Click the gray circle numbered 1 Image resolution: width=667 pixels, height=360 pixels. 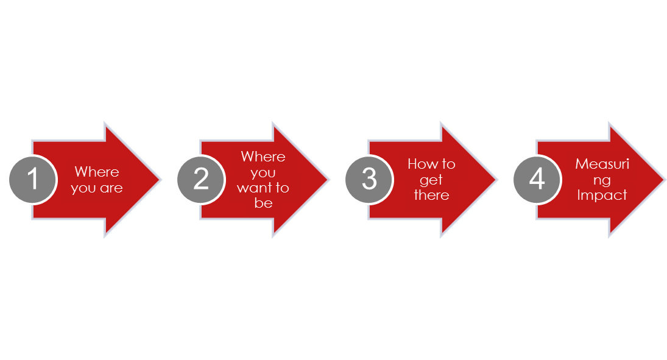[33, 179]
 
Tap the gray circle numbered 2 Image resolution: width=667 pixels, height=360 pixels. [201, 179]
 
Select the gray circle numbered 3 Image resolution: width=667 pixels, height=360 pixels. [369, 179]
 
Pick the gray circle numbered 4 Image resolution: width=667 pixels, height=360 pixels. [537, 179]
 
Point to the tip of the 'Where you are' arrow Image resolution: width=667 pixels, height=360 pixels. [160, 180]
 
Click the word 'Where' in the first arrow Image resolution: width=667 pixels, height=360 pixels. [97, 172]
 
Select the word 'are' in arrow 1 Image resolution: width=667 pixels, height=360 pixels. [111, 188]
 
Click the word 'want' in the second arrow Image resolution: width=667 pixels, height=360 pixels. [253, 188]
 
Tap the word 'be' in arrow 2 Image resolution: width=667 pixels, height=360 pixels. [263, 203]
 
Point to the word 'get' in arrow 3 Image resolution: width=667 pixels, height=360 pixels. [431, 180]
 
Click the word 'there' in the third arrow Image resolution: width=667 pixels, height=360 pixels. [431, 195]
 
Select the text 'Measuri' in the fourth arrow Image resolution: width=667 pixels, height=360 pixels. [602, 164]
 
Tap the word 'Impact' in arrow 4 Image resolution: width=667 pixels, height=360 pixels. [602, 195]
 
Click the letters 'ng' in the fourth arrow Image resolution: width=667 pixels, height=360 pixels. [602, 181]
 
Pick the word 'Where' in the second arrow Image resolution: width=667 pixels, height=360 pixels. [263, 156]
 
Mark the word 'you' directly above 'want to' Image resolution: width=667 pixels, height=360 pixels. [263, 173]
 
